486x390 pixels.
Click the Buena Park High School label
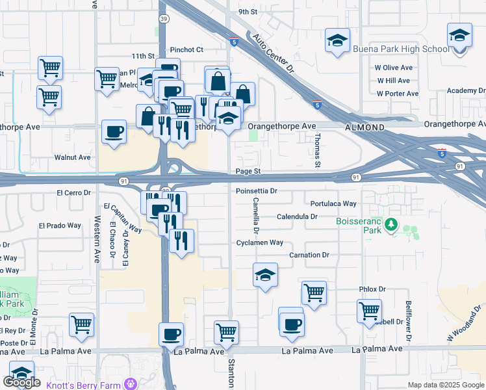401,49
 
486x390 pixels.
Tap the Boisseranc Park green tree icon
391,225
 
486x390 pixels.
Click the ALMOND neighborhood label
365,127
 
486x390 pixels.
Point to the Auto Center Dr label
274,54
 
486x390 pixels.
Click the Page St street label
248,171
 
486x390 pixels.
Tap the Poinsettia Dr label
256,191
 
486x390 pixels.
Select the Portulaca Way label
333,203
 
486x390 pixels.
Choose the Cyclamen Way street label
260,242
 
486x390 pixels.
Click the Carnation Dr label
309,255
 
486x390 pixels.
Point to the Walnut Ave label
72,157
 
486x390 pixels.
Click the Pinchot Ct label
186,49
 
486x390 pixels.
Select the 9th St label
248,12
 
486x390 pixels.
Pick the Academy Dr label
462,91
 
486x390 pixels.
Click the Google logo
21,382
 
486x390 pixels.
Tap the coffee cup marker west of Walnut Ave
114,132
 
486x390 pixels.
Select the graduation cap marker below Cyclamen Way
265,276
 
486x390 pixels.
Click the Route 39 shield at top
163,19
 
